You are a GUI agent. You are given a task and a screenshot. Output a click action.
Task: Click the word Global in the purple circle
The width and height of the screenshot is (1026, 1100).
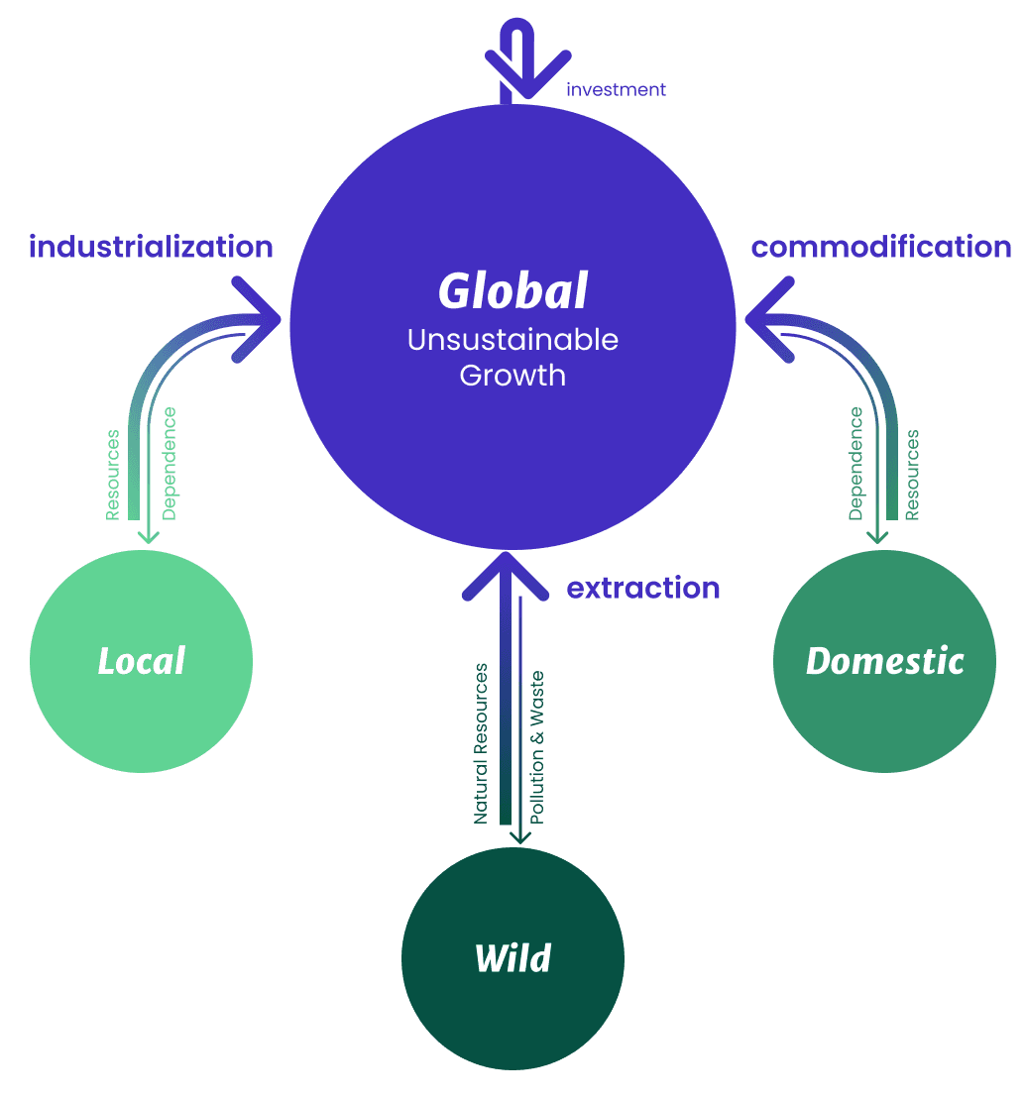[x=513, y=291]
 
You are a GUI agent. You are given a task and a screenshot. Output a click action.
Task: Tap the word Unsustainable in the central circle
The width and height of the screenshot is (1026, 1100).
[x=513, y=340]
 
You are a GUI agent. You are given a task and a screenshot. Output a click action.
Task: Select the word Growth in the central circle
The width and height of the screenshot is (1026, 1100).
[x=513, y=377]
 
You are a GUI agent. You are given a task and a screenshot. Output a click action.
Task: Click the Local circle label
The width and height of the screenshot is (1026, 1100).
[x=141, y=661]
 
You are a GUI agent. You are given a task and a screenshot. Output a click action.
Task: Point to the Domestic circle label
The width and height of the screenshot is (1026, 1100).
[x=884, y=661]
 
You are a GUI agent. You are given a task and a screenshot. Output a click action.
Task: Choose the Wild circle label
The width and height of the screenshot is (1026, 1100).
[x=513, y=959]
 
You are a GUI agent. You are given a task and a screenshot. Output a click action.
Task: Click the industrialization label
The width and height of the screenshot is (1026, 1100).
[x=151, y=247]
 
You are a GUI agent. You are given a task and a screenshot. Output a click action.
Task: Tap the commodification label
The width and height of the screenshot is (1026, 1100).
[x=881, y=247]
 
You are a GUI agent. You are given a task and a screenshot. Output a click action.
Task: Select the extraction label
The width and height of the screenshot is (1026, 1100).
[x=642, y=589]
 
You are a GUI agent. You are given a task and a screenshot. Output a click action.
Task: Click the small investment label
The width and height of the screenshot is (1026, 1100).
[x=616, y=90]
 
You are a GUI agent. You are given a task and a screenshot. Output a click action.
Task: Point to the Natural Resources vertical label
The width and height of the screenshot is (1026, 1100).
[x=481, y=743]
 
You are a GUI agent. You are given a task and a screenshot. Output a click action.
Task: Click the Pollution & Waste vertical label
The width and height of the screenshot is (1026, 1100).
[x=537, y=747]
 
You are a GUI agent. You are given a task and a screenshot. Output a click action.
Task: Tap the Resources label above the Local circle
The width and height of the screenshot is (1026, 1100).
[x=113, y=474]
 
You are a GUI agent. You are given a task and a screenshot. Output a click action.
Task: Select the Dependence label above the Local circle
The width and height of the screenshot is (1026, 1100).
[x=170, y=464]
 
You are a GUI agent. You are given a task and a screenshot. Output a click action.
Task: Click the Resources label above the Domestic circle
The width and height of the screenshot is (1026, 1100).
[x=912, y=474]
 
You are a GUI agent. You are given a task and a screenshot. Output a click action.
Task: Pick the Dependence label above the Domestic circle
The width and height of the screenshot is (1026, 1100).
[x=855, y=464]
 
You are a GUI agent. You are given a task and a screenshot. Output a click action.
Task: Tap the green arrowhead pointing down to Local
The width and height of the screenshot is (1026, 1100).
[x=148, y=536]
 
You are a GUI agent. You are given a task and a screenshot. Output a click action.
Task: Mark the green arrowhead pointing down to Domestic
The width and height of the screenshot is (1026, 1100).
[x=877, y=536]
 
